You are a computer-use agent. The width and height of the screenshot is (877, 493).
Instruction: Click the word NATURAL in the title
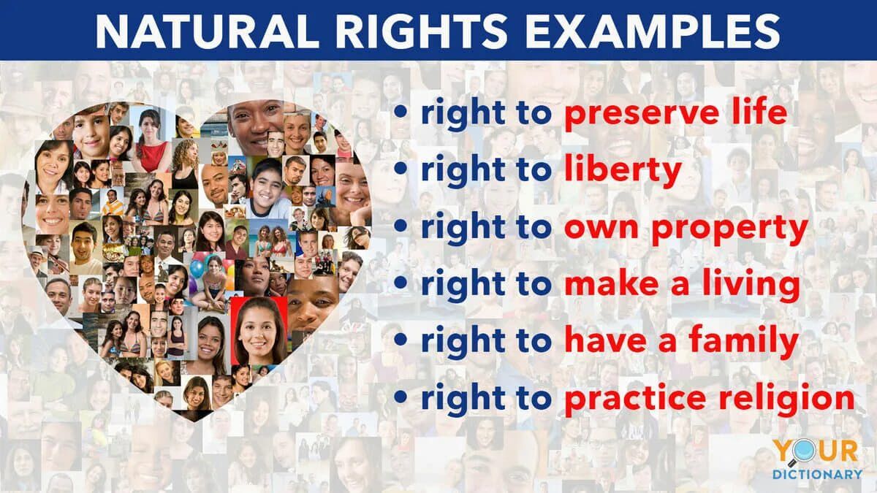click(x=207, y=31)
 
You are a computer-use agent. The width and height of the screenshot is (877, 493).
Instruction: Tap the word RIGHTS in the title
click(x=421, y=31)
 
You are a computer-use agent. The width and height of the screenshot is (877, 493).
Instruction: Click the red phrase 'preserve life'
click(x=676, y=113)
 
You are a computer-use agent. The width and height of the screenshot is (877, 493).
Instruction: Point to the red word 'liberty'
click(x=623, y=169)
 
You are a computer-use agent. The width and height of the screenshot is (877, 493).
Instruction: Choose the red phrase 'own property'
click(x=686, y=227)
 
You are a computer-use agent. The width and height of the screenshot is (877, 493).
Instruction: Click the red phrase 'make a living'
click(x=682, y=283)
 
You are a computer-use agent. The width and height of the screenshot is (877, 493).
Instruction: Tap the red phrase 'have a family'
click(x=682, y=340)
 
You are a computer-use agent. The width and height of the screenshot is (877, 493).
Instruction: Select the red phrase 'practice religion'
click(x=710, y=397)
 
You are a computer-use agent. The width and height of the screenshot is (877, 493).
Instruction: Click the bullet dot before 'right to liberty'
click(x=400, y=169)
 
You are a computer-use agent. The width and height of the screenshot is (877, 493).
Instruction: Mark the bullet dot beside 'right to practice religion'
click(x=400, y=397)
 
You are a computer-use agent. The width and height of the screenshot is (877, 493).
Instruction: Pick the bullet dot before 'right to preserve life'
click(x=400, y=112)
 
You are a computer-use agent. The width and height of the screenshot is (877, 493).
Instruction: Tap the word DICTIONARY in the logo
click(x=817, y=475)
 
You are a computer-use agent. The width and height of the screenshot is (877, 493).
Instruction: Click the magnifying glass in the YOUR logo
click(x=805, y=453)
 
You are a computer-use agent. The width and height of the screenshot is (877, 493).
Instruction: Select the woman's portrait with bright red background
click(x=259, y=331)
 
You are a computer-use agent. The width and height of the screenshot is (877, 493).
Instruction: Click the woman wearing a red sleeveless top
click(x=151, y=141)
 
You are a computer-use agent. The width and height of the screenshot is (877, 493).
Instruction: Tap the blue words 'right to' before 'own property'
click(x=486, y=227)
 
